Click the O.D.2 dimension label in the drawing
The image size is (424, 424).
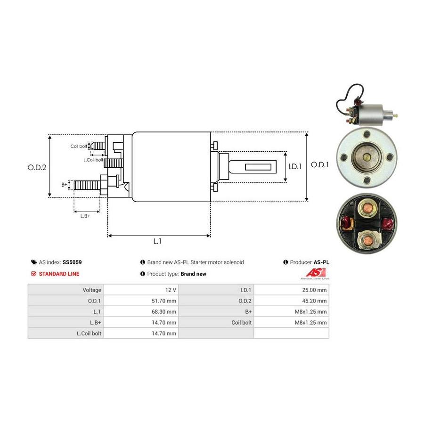pyautogui.click(x=37, y=167)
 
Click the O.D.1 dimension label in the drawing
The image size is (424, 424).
pyautogui.click(x=319, y=165)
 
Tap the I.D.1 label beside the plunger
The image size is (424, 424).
pyautogui.click(x=295, y=166)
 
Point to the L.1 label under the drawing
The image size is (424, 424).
pyautogui.click(x=157, y=241)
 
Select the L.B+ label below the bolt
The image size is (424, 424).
pyautogui.click(x=85, y=216)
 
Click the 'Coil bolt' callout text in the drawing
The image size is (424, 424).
pyautogui.click(x=79, y=147)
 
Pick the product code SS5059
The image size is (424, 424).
pyautogui.click(x=72, y=262)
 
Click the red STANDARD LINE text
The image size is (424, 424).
pyautogui.click(x=59, y=274)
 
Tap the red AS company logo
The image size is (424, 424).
pyautogui.click(x=315, y=273)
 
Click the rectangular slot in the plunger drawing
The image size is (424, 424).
pyautogui.click(x=258, y=167)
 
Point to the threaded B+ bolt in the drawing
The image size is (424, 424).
pyautogui.click(x=87, y=185)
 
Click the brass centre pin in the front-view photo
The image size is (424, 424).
pyautogui.click(x=367, y=157)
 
